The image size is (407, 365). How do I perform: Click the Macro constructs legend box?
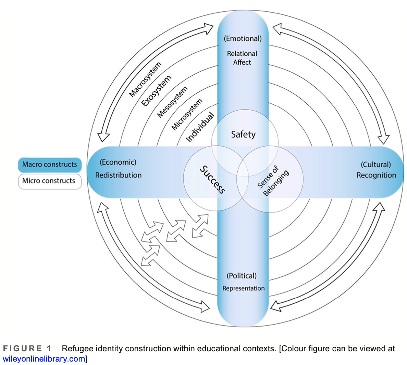[50, 165]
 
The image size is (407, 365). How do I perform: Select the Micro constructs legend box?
[50, 181]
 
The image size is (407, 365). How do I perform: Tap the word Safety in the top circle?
[243, 134]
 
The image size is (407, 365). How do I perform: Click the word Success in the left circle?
[212, 180]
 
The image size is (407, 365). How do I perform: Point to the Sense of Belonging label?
[273, 181]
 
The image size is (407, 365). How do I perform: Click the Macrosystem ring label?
[145, 79]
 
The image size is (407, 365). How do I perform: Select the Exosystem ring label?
[156, 91]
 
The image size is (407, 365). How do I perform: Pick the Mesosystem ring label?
[172, 102]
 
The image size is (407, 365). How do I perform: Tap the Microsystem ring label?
[187, 114]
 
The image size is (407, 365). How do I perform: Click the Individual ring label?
[200, 127]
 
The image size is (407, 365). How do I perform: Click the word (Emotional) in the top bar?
[243, 38]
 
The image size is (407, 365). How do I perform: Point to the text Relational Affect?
[242, 58]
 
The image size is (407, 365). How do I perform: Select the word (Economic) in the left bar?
[118, 162]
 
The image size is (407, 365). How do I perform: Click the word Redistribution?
[118, 175]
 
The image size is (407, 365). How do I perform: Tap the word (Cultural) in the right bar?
[375, 164]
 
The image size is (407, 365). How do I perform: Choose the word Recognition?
[376, 175]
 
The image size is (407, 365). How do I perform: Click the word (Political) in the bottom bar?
[242, 276]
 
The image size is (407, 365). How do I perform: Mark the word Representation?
[243, 288]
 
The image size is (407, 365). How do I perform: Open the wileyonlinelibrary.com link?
[44, 359]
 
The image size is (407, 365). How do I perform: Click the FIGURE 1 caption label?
[27, 349]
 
